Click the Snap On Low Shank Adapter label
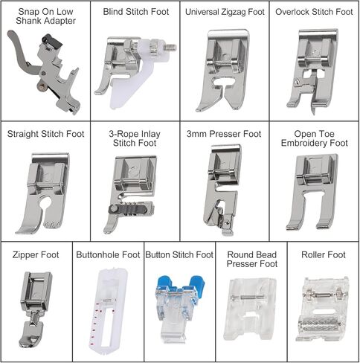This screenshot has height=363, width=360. pos(45,16)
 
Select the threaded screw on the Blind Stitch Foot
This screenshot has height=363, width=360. pos(170,47)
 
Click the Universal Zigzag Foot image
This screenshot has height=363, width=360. pos(222,71)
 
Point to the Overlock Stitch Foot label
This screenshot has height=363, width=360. pos(314,12)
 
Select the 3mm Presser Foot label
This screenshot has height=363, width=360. pos(224,134)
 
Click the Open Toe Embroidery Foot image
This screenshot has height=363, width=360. pos(312,191)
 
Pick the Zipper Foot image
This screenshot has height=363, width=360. pos(36,309)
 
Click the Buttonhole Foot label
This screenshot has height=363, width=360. pos(108,255)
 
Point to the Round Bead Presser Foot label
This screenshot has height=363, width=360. pos(252,260)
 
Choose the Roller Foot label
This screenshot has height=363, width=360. pos(324,255)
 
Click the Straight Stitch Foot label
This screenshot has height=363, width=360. pos(45,134)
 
